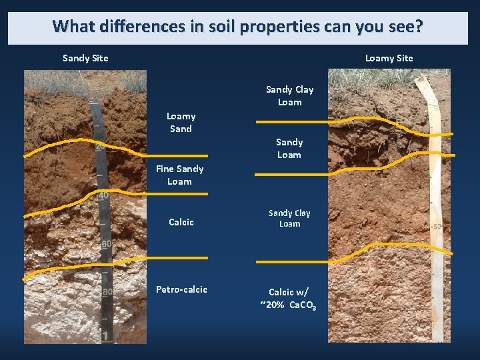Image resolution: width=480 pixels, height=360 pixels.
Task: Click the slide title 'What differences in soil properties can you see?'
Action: [x=237, y=27]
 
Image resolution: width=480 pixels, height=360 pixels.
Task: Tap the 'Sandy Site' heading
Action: [x=85, y=58]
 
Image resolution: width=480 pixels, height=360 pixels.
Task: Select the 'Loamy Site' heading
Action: [x=389, y=58]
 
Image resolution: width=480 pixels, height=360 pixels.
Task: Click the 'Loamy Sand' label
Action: [x=180, y=123]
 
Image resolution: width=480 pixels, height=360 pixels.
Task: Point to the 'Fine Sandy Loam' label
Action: [x=179, y=175]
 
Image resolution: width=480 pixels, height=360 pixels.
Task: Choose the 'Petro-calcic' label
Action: [x=181, y=289]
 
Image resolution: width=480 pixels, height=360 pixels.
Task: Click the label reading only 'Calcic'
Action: [x=181, y=222]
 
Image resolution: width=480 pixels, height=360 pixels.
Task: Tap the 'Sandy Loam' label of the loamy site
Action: [x=289, y=148]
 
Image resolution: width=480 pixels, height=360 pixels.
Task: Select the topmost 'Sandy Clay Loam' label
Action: [x=289, y=95]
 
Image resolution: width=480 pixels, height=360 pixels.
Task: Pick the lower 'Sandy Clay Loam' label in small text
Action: [x=289, y=218]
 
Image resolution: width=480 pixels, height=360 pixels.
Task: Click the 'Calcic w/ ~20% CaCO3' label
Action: [x=288, y=299]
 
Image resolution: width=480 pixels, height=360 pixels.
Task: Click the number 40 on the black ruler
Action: [x=103, y=195]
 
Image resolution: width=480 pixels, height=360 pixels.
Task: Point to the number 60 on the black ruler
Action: [x=106, y=245]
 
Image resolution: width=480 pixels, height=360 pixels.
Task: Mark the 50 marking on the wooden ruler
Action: [x=437, y=227]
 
